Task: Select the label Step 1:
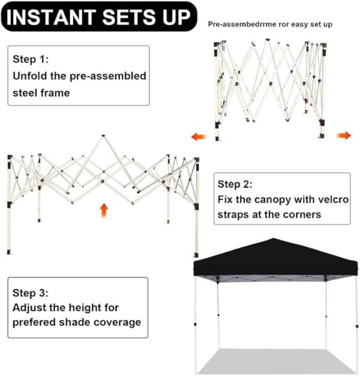[31, 59]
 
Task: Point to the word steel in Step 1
[25, 93]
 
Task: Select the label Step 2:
[235, 184]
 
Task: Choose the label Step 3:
[31, 293]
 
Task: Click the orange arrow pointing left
[199, 137]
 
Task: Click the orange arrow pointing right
[344, 136]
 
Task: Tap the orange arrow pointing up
[104, 210]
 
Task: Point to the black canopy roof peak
[273, 239]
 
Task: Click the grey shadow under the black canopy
[276, 361]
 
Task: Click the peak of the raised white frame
[103, 136]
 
